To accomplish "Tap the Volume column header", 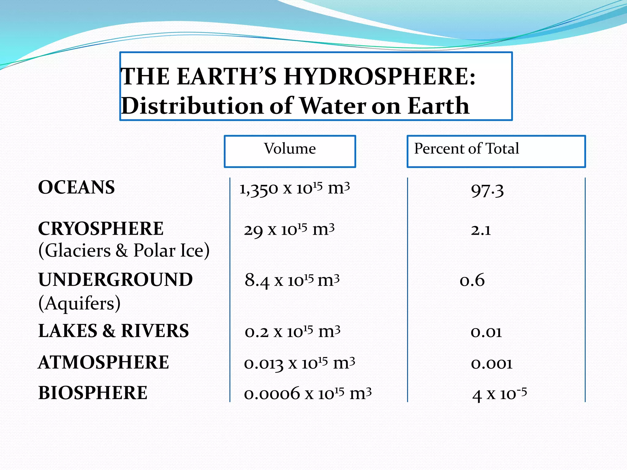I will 290,149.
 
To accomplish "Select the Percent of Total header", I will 466,149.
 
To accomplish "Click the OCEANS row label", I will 77,187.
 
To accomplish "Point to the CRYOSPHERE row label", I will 101,229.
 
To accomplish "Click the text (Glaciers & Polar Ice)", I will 124,251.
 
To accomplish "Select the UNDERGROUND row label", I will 115,280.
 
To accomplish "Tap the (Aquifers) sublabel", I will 79,303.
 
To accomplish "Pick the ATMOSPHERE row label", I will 103,362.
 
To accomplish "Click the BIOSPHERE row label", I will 93,393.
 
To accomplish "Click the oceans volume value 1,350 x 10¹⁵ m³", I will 294,189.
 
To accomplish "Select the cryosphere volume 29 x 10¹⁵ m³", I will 289,230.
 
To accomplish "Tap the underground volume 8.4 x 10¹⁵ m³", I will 292,280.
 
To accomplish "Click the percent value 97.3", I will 487,191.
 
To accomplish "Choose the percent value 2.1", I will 481,230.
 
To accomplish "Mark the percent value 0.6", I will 472,280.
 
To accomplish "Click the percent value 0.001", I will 492,364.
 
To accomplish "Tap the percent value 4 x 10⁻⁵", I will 499,394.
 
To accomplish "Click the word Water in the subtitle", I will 332,106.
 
